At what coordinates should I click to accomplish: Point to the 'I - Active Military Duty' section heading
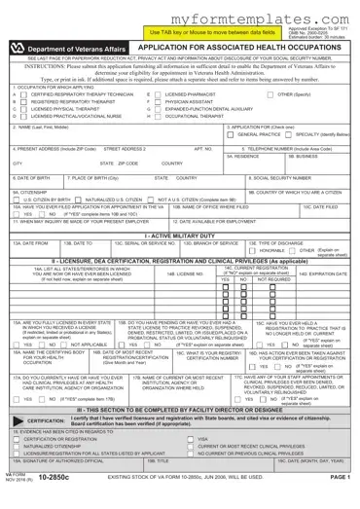tap(180, 236)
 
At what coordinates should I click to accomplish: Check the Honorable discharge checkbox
tap(256, 251)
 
